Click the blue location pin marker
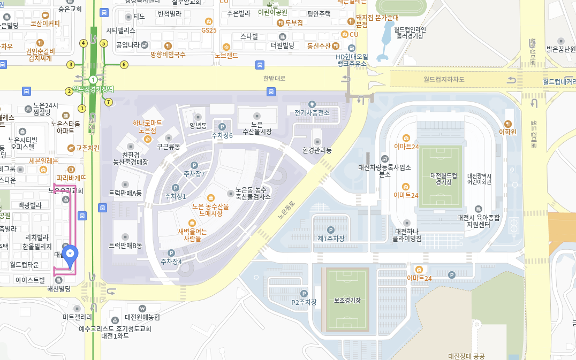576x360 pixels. (70, 254)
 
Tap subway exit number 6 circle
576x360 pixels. (124, 65)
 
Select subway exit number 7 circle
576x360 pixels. (109, 102)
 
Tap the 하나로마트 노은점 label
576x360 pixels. (147, 127)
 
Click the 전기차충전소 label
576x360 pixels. (312, 112)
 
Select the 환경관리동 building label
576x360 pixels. (317, 150)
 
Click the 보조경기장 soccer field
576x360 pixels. (345, 300)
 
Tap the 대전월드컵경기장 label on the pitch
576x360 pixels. (444, 179)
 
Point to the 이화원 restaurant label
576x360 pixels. (507, 132)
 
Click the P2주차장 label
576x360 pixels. (304, 302)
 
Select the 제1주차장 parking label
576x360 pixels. (331, 238)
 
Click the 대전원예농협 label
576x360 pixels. (142, 317)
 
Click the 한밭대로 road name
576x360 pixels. (274, 79)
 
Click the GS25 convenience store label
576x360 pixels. (209, 30)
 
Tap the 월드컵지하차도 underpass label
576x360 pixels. (444, 79)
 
